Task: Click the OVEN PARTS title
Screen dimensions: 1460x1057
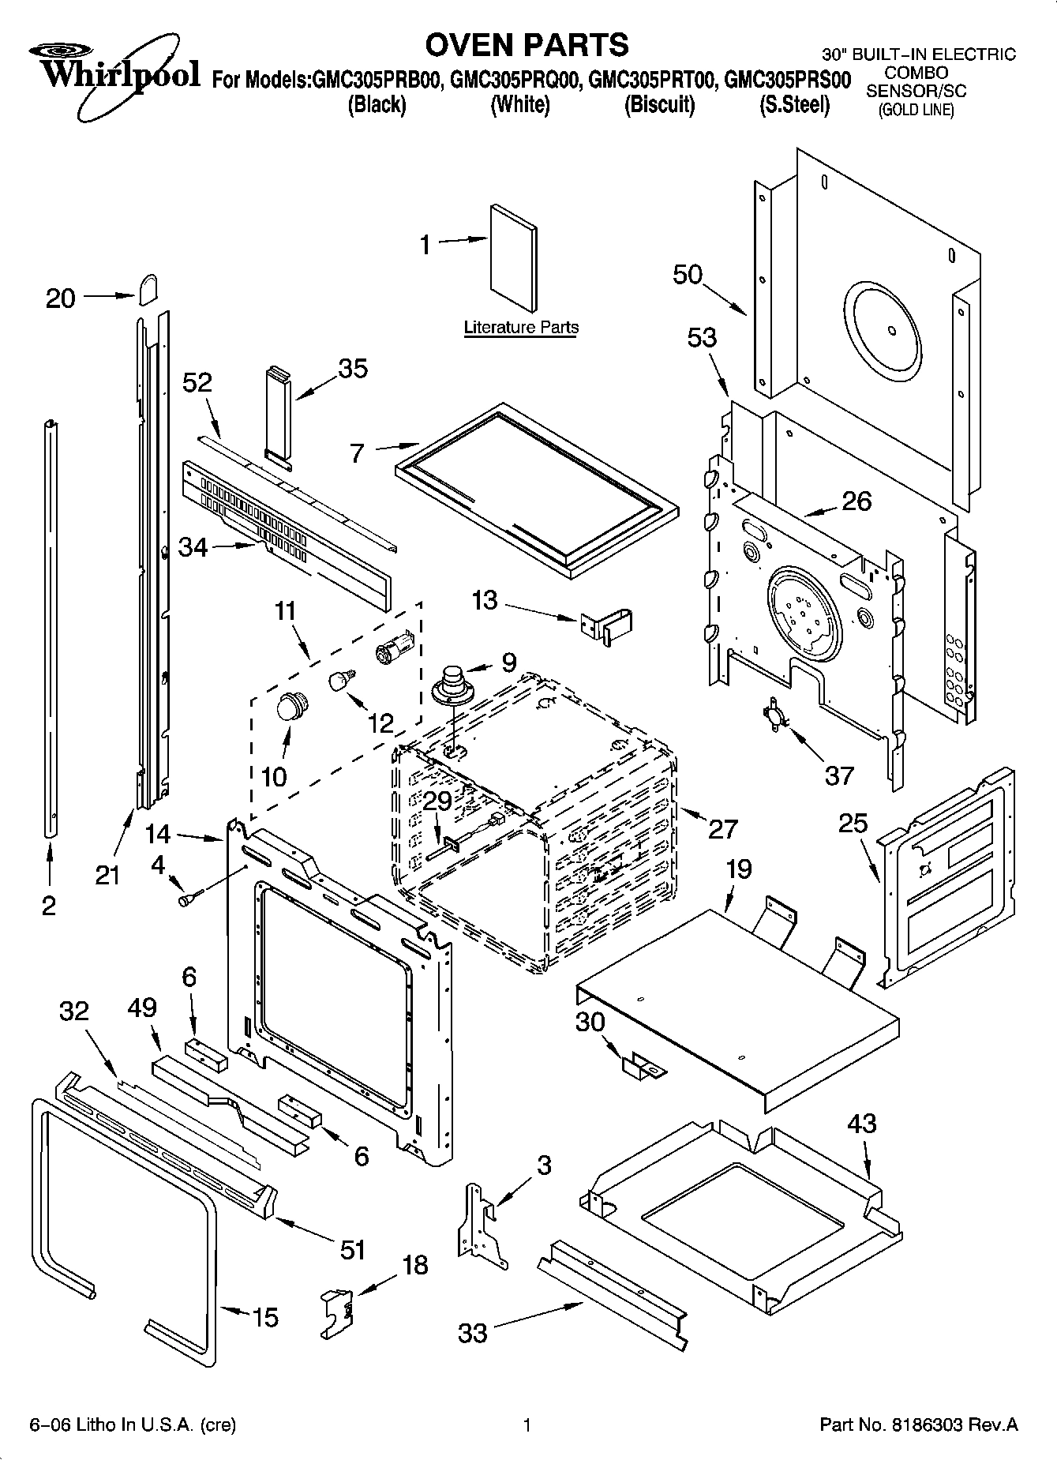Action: point(527,44)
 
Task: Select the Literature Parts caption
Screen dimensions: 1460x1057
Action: point(521,327)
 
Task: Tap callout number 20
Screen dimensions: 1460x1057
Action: point(61,298)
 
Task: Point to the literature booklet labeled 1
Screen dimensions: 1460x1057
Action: point(514,260)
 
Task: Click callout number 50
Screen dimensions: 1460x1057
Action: point(688,275)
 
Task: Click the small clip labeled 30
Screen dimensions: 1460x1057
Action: point(643,1068)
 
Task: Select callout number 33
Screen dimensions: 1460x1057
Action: point(473,1333)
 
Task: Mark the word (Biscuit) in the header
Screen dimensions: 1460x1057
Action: point(659,104)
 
